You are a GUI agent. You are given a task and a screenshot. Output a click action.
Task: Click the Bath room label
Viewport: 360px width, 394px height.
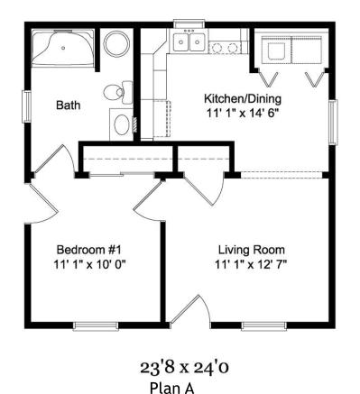point(69,105)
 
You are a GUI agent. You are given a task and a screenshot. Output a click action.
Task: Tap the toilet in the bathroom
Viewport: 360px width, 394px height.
point(118,92)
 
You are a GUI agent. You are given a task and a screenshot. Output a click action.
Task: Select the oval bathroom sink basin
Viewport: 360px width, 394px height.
point(122,124)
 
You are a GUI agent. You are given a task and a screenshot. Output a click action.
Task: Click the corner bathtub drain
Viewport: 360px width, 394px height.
point(63,48)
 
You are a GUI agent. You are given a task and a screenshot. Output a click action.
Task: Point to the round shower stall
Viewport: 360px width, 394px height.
point(116,42)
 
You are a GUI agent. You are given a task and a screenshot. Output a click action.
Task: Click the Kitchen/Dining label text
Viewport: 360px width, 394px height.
point(243,98)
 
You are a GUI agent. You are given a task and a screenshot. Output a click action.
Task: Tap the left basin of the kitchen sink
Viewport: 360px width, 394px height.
point(181,42)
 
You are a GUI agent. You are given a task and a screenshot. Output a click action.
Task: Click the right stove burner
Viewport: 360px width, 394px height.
point(232,48)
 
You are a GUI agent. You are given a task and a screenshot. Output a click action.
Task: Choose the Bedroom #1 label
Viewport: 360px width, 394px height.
point(88,250)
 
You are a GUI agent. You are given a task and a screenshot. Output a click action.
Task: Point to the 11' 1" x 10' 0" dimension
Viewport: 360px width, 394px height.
point(89,264)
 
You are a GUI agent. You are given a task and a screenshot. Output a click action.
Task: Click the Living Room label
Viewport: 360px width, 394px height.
point(252,250)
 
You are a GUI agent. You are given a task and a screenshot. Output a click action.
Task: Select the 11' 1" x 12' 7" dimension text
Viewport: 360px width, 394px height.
point(251,265)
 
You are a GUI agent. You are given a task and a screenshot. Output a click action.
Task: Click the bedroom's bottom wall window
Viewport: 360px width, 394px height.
point(96,326)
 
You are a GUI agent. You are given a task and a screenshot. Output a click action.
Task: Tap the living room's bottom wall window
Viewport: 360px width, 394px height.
point(263,326)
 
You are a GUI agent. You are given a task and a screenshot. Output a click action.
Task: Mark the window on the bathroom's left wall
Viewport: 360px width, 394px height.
point(27,106)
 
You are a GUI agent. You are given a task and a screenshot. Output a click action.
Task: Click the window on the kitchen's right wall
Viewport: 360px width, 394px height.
point(333,122)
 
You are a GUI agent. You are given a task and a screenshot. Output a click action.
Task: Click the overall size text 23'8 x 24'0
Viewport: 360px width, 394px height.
point(184,367)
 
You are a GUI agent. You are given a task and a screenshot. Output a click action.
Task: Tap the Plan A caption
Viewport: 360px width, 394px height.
point(172,388)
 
